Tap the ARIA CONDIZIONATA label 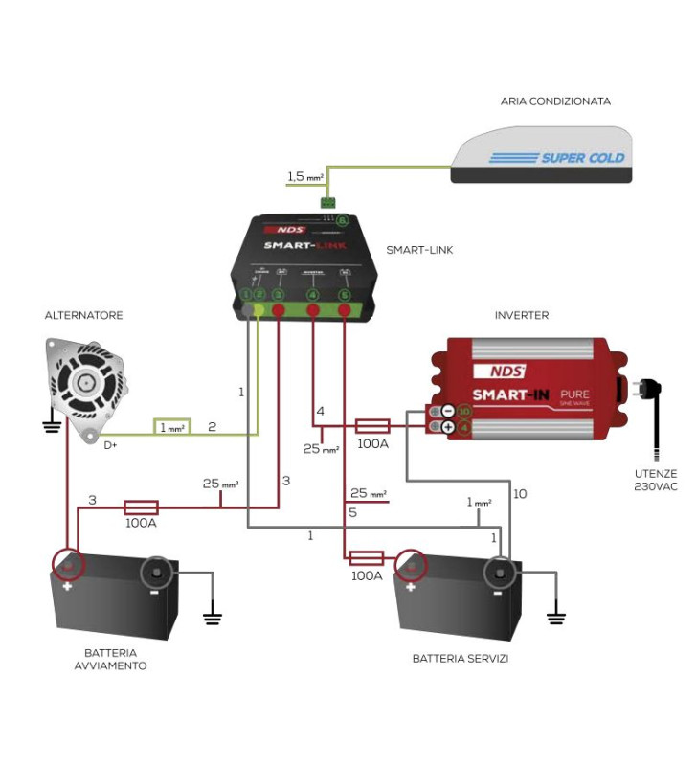click(555, 101)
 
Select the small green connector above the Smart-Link click(327, 202)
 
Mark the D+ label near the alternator click(112, 444)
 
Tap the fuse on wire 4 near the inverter click(371, 425)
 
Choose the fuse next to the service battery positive click(367, 557)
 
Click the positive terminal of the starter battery click(67, 565)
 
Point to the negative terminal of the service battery click(499, 573)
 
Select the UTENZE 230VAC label click(655, 480)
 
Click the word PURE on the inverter click(573, 394)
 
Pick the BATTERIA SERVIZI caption click(461, 659)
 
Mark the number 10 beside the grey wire click(520, 494)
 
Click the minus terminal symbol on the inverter click(447, 412)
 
